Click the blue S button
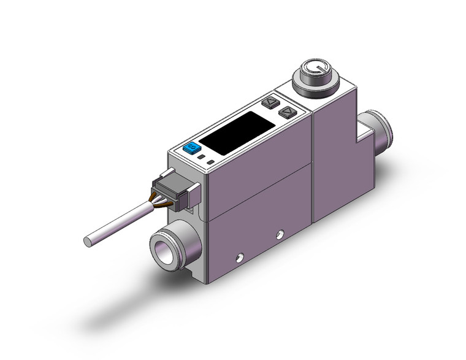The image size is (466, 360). [191, 148]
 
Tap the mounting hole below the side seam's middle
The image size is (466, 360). [280, 233]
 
